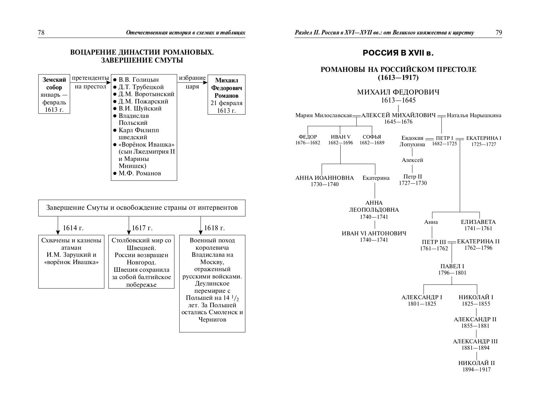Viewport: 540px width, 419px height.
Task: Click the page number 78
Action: pyautogui.click(x=41, y=33)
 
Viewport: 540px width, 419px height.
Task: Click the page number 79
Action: pyautogui.click(x=498, y=33)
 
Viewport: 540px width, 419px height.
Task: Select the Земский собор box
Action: pyautogui.click(x=54, y=94)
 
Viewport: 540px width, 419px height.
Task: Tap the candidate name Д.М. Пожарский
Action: pyautogui.click(x=143, y=102)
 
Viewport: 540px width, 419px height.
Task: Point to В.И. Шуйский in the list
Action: pyautogui.click(x=140, y=109)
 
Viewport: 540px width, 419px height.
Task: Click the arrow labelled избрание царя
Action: pyautogui.click(x=192, y=82)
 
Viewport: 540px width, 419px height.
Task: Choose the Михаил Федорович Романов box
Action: pyautogui.click(x=226, y=95)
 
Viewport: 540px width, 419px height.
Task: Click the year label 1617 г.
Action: pyautogui.click(x=142, y=228)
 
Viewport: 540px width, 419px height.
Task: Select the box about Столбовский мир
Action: pyautogui.click(x=141, y=262)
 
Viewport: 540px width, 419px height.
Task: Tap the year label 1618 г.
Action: pyautogui.click(x=214, y=228)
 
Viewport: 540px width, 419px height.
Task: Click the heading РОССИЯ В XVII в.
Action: pyautogui.click(x=398, y=53)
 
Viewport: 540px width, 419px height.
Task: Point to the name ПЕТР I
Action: pyautogui.click(x=444, y=138)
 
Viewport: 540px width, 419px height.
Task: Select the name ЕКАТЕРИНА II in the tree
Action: pyautogui.click(x=478, y=241)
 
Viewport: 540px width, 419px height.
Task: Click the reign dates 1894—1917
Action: pyautogui.click(x=476, y=370)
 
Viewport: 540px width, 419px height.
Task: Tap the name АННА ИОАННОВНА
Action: pyautogui.click(x=325, y=178)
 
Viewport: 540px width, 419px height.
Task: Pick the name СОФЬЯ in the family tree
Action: pyautogui.click(x=372, y=137)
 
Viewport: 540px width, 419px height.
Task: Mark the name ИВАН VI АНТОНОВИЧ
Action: pyautogui.click(x=374, y=233)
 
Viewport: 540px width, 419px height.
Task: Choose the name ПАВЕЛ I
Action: pyautogui.click(x=452, y=266)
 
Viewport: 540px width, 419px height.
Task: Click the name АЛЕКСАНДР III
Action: pyautogui.click(x=475, y=341)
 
